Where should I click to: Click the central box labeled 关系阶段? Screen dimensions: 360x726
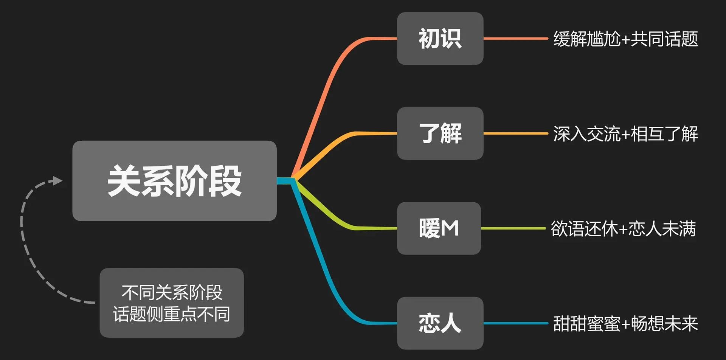pos(174,181)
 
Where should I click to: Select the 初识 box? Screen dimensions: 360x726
pos(440,39)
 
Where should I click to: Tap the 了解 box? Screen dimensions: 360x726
pos(440,133)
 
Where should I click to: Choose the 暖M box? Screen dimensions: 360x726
pos(439,228)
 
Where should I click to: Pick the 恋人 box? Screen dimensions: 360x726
pos(440,323)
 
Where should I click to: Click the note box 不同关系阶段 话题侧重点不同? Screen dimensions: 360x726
pos(172,303)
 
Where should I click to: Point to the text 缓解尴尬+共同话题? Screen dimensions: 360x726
pos(625,39)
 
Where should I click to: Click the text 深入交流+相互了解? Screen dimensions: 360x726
pos(625,134)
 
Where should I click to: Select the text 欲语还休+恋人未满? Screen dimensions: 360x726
pos(623,229)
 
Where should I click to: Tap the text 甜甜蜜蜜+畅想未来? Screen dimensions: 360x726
pos(625,324)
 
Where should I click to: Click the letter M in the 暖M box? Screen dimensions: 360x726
pos(450,228)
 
